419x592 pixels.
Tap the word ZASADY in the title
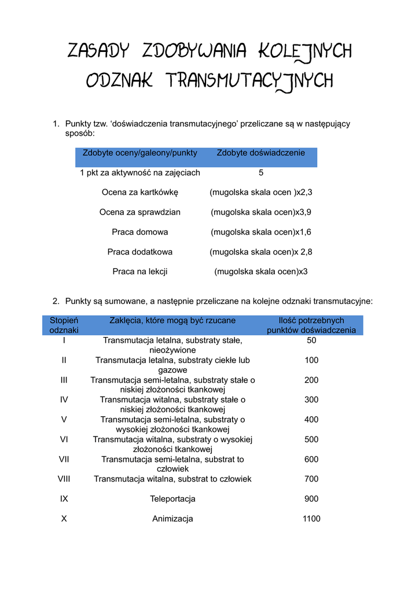[97, 51]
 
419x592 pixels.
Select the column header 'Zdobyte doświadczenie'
[260, 153]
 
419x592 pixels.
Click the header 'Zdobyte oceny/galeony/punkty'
[140, 153]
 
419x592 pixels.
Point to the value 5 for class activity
[261, 172]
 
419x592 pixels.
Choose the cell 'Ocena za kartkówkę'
[140, 192]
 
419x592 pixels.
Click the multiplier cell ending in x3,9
[261, 212]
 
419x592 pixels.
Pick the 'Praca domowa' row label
[140, 232]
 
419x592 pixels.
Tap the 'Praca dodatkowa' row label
[140, 251]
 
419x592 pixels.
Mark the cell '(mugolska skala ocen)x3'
[261, 271]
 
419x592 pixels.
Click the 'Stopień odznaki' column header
[64, 325]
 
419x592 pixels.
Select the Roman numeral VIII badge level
[64, 479]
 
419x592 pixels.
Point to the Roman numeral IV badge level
[64, 399]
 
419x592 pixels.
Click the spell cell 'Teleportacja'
[172, 498]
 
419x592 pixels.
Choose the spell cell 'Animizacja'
[172, 519]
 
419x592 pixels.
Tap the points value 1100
[311, 519]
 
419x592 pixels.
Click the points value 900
[311, 498]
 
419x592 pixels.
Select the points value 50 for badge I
[311, 340]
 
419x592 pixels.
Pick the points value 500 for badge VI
[311, 439]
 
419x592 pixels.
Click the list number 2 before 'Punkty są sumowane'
[56, 301]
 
